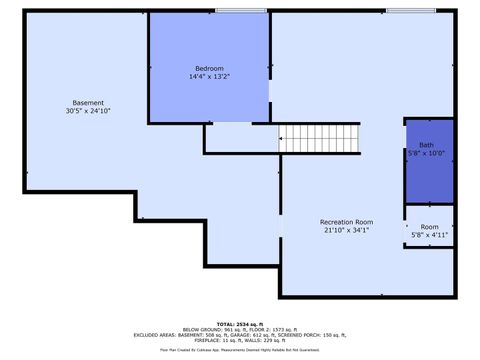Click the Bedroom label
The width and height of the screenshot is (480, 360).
(x=209, y=68)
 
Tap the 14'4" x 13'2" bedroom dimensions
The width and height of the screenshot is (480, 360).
(x=209, y=77)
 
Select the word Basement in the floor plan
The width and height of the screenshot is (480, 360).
(x=88, y=103)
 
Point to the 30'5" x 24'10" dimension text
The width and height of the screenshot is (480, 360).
(x=88, y=111)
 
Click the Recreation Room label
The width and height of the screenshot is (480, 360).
(x=346, y=221)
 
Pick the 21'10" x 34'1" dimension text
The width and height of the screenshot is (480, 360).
(x=346, y=230)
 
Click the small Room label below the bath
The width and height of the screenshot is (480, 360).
(x=429, y=227)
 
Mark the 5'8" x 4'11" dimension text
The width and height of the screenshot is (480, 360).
(x=429, y=235)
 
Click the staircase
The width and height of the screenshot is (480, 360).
(x=318, y=139)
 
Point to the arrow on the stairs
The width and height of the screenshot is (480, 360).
(x=284, y=139)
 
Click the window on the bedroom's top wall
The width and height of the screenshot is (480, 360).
(x=240, y=11)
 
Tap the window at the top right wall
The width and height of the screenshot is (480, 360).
(x=411, y=11)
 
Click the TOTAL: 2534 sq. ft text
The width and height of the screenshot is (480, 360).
(x=240, y=324)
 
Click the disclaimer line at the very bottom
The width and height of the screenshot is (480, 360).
(x=240, y=351)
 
